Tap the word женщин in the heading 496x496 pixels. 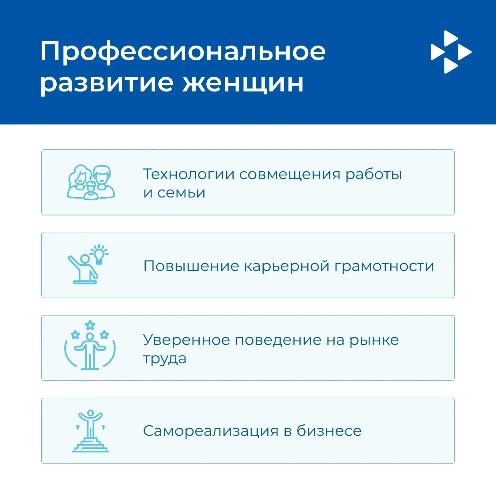243,83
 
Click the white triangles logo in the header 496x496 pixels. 451,52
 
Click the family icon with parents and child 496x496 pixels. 91,182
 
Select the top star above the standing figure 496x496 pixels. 90,325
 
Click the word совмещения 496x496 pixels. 290,175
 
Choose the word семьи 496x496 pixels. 181,193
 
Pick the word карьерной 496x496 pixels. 287,267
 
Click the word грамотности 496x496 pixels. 384,267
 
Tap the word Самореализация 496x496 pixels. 211,431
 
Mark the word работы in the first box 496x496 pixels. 374,175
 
